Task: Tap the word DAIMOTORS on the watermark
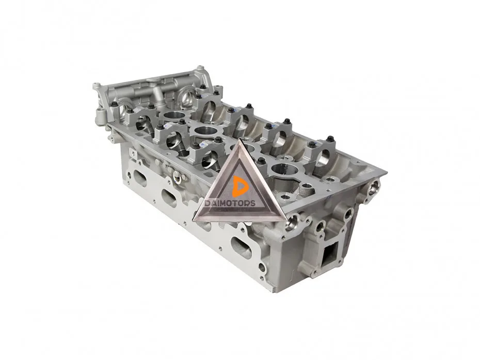point(230,203)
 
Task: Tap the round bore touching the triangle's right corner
point(292,221)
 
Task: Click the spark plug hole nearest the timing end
point(174,117)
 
